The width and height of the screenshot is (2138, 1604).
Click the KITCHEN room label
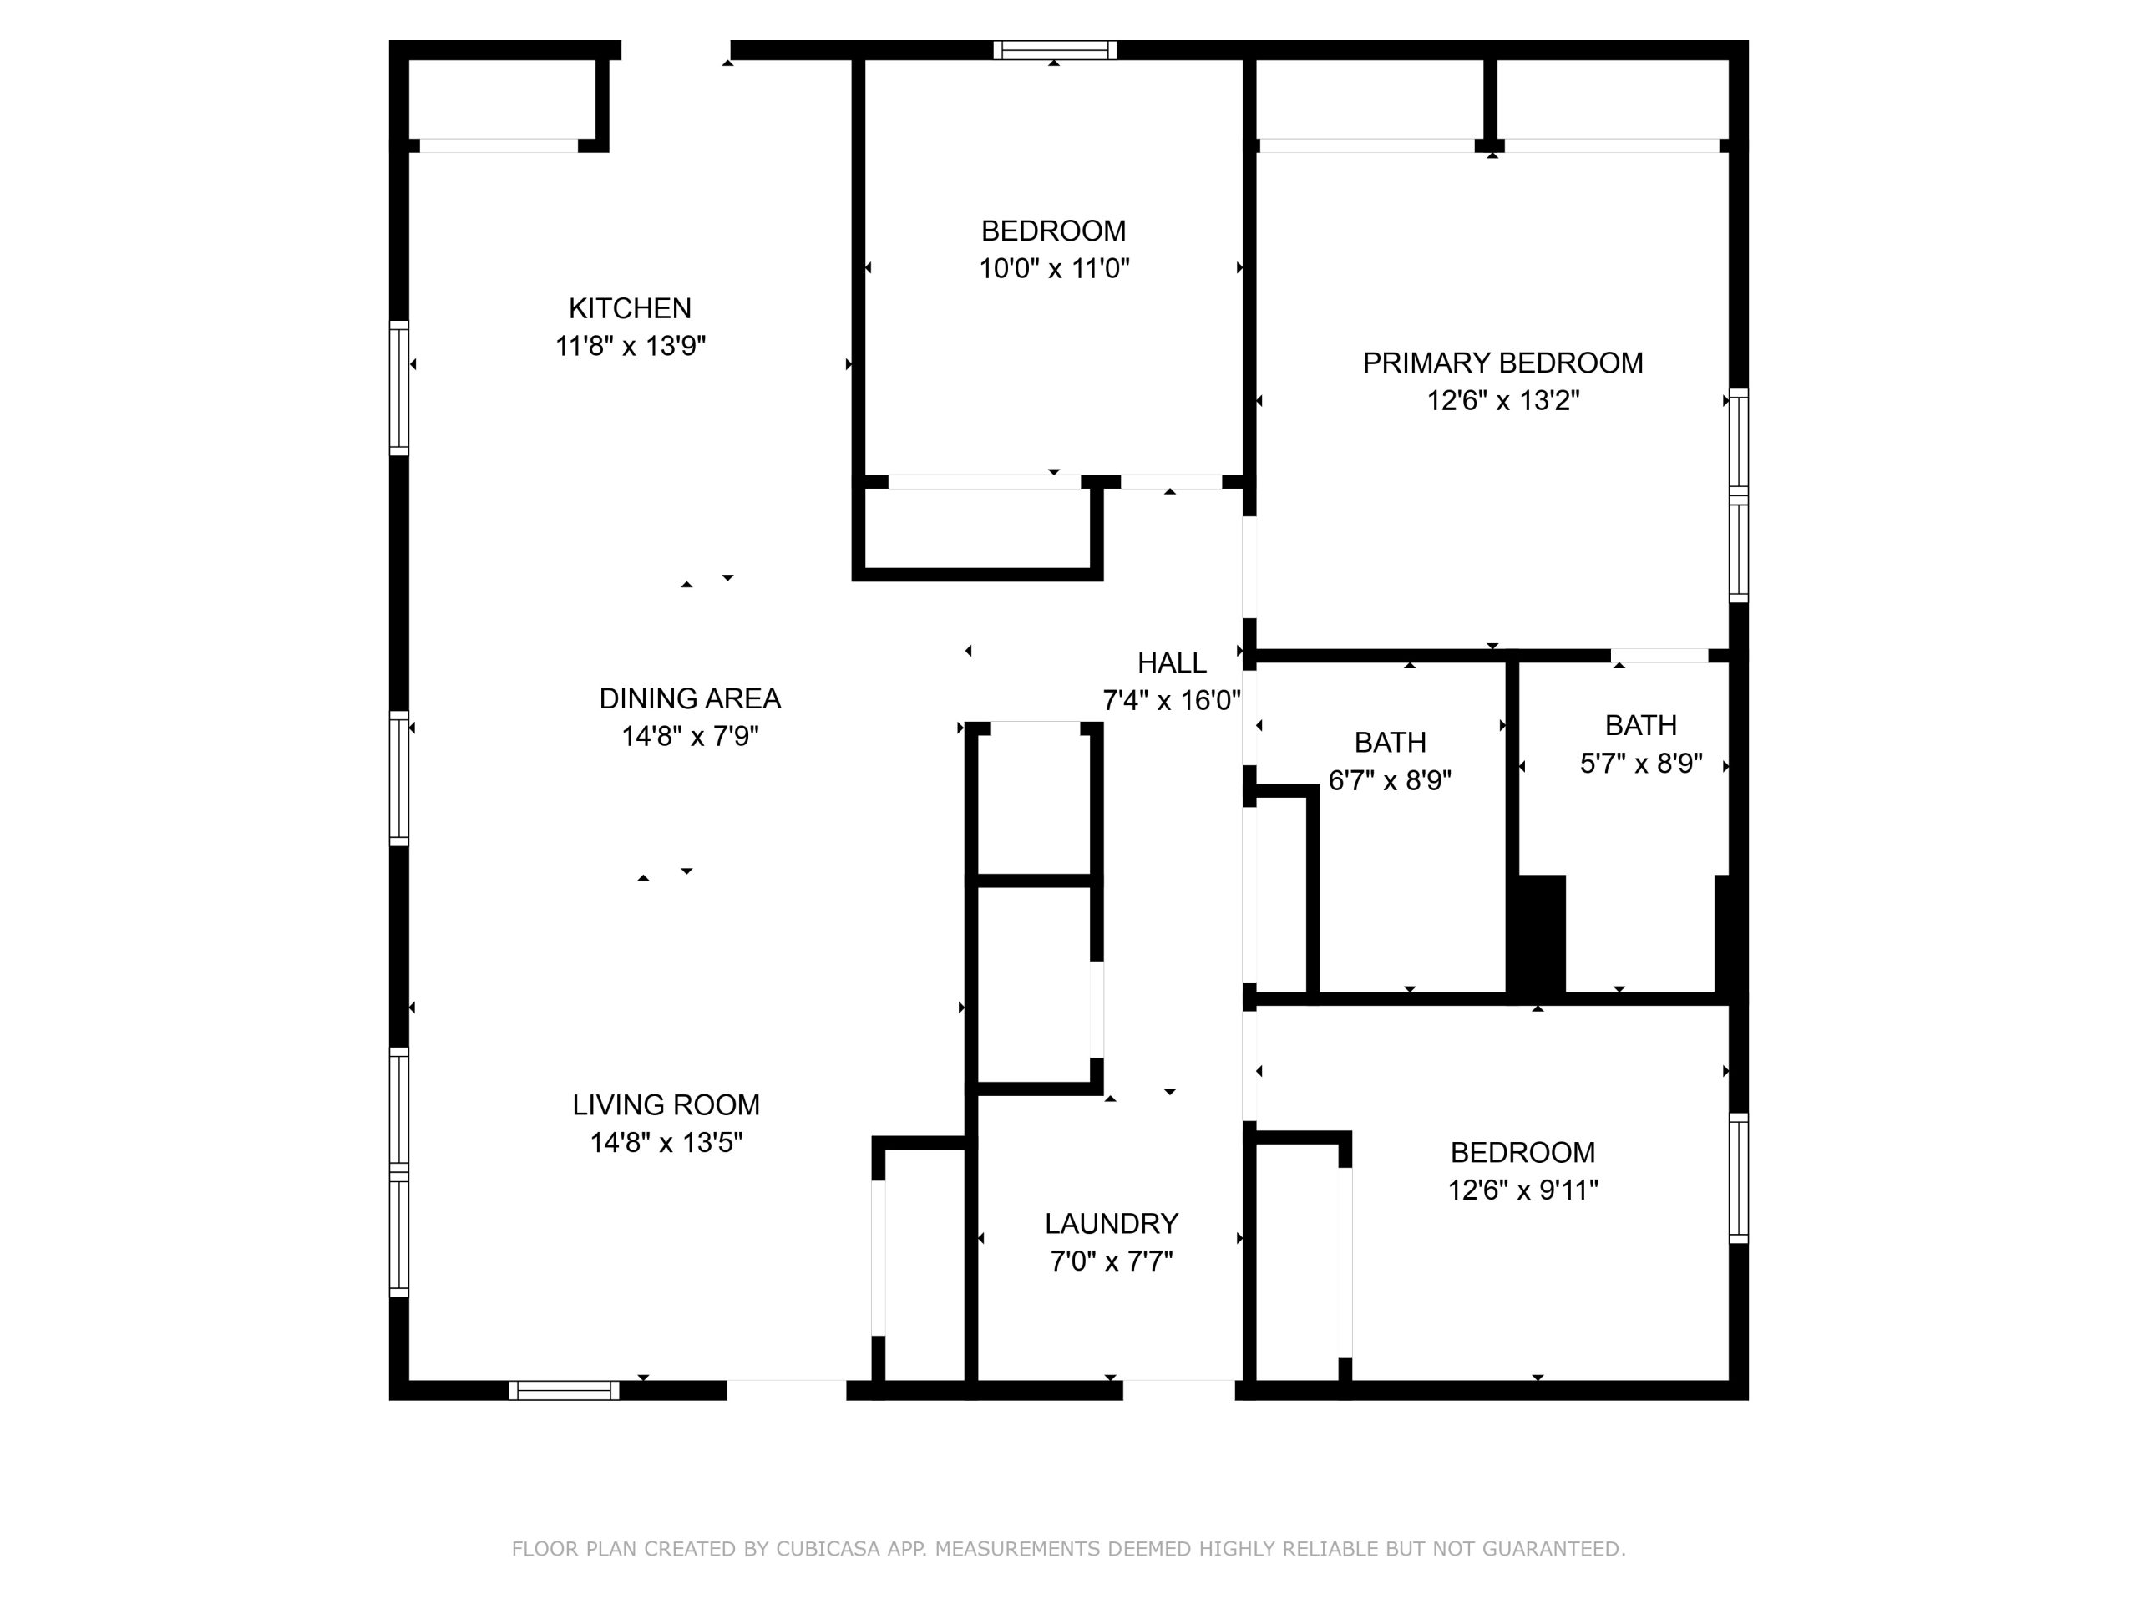point(631,308)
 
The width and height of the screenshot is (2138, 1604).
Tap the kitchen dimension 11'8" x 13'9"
point(631,346)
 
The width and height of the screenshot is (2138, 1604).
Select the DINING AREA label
point(690,699)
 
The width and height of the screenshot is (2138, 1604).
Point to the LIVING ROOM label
point(666,1105)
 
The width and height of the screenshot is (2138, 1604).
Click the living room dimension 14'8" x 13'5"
point(666,1143)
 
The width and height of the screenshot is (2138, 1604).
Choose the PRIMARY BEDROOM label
point(1503,363)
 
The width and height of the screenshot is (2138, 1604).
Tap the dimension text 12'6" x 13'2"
point(1503,400)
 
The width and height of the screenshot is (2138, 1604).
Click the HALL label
point(1172,663)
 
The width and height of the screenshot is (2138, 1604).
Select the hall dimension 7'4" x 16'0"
point(1172,700)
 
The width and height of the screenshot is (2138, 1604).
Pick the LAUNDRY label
point(1112,1224)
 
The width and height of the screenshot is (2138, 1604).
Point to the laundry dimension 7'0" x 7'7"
point(1112,1261)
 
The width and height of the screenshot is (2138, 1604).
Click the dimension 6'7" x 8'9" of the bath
point(1390,780)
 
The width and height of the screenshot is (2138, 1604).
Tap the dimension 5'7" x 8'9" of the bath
point(1641,764)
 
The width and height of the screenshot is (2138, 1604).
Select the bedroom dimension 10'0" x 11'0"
point(1053,268)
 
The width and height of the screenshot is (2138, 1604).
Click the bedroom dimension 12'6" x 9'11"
point(1522,1190)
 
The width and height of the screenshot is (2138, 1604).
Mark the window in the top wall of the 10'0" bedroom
point(1055,50)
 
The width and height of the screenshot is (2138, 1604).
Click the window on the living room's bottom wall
point(565,1390)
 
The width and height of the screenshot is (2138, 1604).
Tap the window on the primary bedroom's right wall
point(1738,495)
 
